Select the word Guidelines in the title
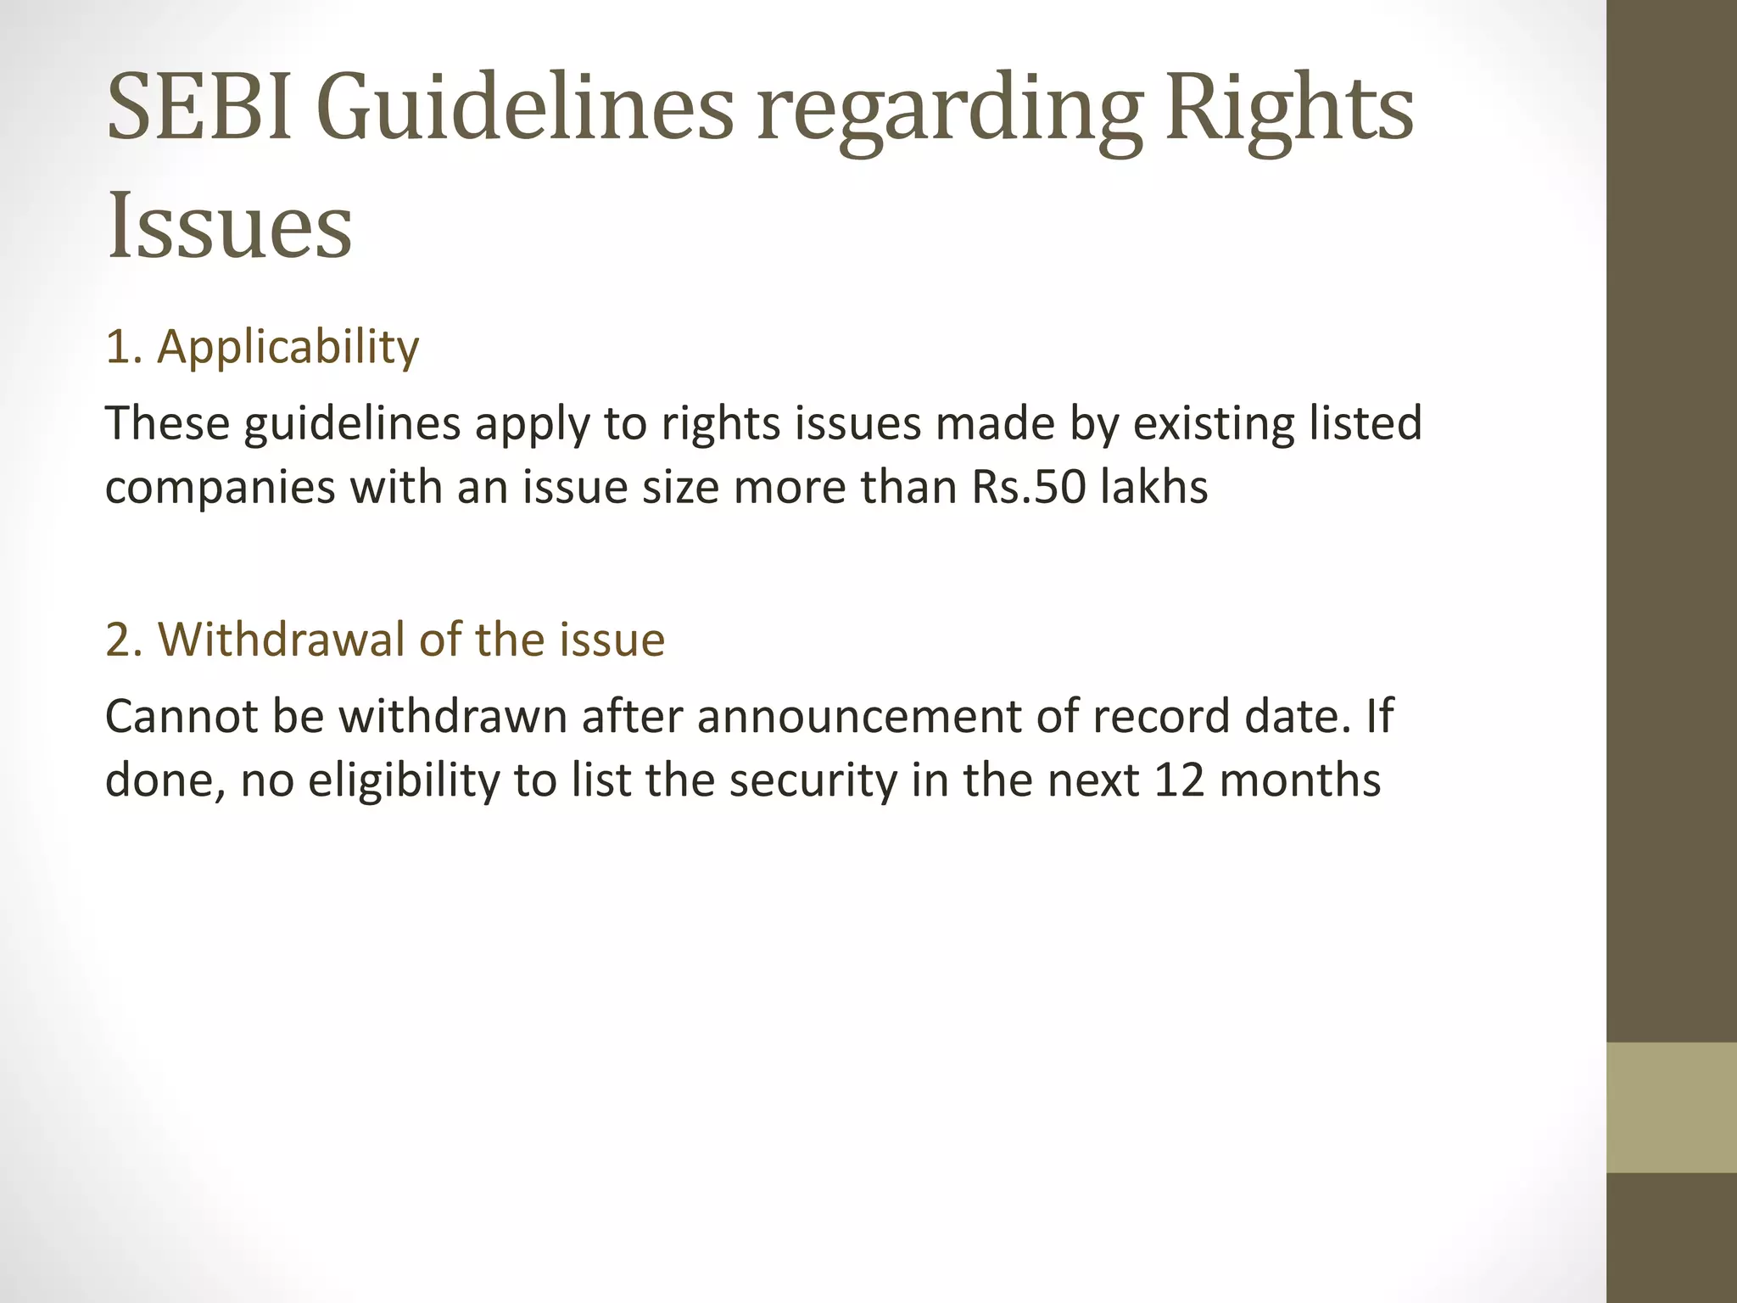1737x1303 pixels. click(x=526, y=108)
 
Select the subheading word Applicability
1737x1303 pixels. click(x=288, y=348)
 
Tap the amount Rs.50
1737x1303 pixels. click(x=1029, y=488)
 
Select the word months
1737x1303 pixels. click(x=1300, y=780)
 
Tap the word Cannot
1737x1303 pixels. click(x=182, y=717)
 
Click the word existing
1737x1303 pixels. click(x=1214, y=425)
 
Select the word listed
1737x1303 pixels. click(x=1366, y=423)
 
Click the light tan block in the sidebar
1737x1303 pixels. click(x=1672, y=1107)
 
